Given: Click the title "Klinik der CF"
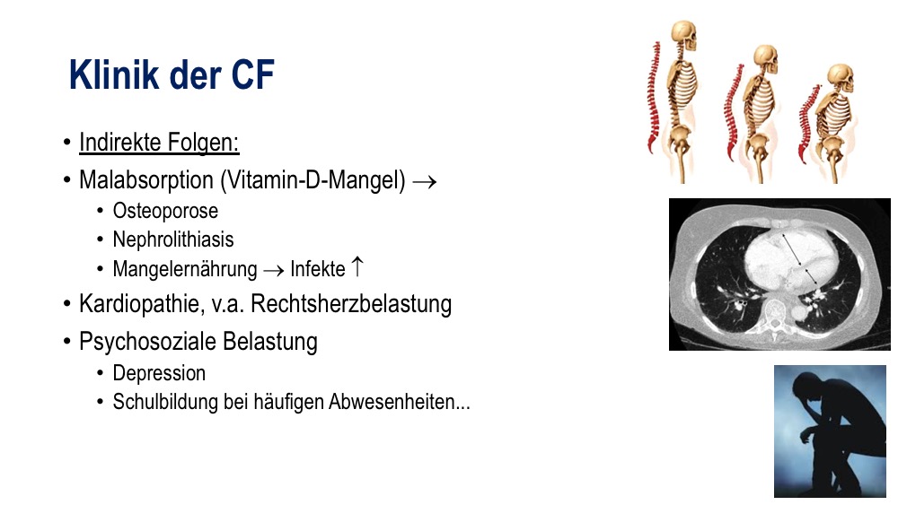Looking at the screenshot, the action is point(172,74).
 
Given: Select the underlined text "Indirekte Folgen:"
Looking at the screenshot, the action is point(159,143).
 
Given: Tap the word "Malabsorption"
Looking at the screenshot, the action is point(146,179).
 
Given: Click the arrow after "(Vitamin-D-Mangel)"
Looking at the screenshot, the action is point(425,182).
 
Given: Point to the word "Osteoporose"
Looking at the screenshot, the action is point(165,211).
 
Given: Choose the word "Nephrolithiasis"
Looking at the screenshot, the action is point(173,239).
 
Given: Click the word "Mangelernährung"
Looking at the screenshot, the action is point(185,269).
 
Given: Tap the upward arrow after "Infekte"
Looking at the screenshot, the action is point(357,266).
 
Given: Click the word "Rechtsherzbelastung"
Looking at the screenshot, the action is point(351,304).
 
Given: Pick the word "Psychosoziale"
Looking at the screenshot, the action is point(147,342).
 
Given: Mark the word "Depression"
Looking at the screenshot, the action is point(159,373).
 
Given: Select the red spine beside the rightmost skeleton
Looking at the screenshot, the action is point(809,123).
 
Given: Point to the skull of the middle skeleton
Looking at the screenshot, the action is point(766,59).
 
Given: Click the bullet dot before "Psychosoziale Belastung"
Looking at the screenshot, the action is point(67,342).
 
